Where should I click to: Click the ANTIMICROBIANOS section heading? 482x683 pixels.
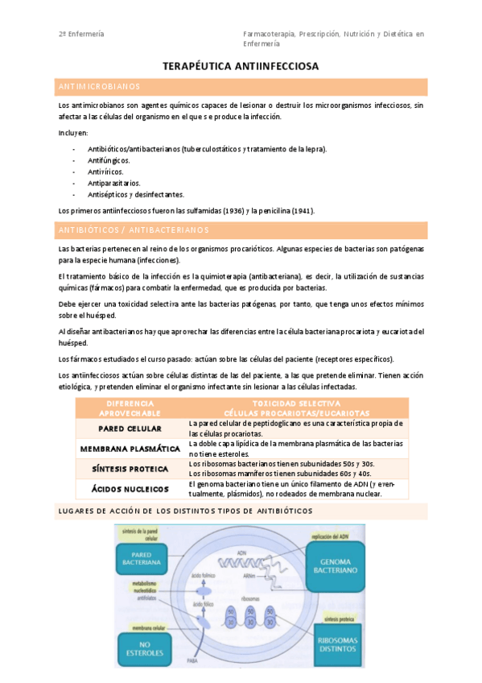pos(99,86)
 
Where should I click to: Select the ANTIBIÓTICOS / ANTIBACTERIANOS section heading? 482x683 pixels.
pos(133,230)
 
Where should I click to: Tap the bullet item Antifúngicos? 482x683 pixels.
pos(109,160)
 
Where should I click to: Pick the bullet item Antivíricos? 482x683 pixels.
pos(105,172)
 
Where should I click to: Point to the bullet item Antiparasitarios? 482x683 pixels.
pos(113,183)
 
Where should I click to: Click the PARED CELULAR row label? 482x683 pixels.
pos(130,428)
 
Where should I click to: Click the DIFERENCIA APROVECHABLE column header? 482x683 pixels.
pos(130,407)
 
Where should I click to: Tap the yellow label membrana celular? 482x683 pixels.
pos(144,623)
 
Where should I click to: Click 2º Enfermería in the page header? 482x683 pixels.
pos(81,34)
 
